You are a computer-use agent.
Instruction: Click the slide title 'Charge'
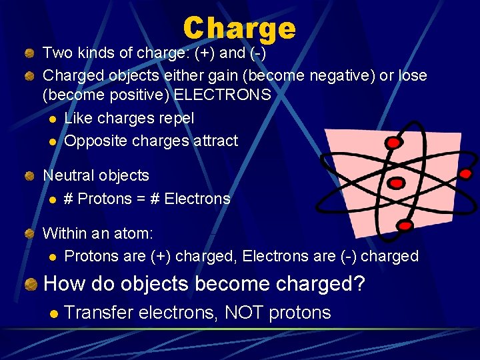tap(239, 29)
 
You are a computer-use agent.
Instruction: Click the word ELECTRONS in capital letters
tap(222, 95)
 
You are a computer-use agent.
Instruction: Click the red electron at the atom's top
tap(393, 143)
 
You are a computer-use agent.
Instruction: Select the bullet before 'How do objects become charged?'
tap(30, 285)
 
